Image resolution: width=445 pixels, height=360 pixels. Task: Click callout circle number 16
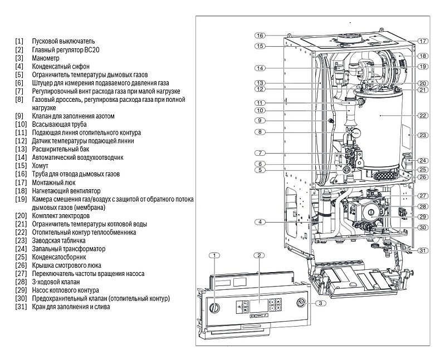click(260, 36)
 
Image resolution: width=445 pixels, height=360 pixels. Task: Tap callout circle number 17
click(423, 41)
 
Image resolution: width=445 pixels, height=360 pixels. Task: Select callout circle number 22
click(423, 115)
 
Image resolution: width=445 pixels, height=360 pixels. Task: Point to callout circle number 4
click(260, 223)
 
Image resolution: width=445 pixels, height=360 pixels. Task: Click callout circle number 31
click(423, 250)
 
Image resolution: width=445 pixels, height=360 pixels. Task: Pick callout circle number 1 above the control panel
click(214, 255)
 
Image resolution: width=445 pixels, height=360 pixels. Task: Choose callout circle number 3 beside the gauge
click(321, 303)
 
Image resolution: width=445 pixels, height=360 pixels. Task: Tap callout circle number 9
click(260, 120)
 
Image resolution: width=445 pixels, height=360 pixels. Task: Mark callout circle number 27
click(423, 196)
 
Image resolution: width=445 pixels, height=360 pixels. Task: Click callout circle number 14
click(260, 68)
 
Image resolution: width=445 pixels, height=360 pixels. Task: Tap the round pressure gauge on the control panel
click(300, 303)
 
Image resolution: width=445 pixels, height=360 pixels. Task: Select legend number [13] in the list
click(21, 150)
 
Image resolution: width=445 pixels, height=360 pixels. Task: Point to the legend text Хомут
click(41, 166)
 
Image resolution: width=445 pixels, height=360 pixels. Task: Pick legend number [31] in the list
click(21, 307)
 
